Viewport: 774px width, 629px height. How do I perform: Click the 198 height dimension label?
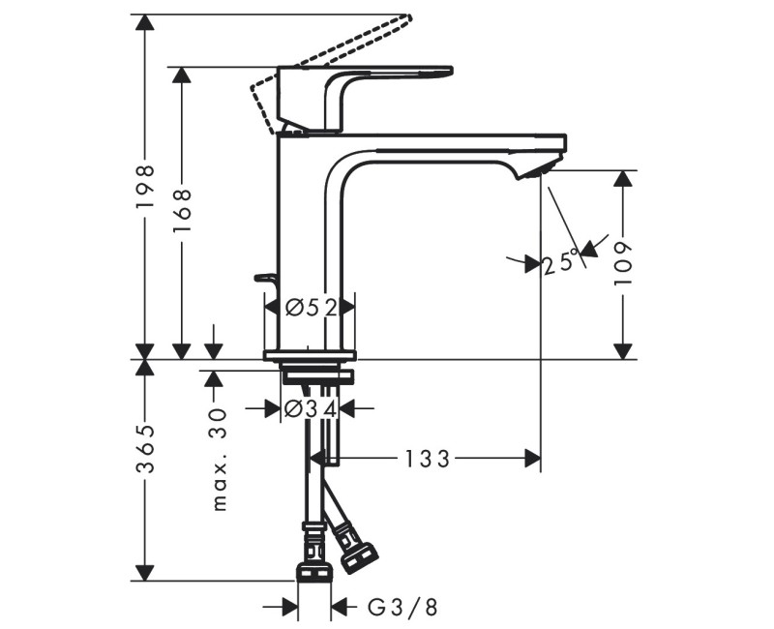click(x=144, y=186)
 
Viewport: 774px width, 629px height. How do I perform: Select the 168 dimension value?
click(x=182, y=207)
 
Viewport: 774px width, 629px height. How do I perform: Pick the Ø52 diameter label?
click(x=311, y=308)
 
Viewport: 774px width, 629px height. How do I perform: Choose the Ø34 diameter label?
click(x=311, y=408)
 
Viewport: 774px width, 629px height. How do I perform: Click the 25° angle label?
click(x=561, y=261)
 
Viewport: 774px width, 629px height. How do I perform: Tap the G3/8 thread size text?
click(x=402, y=608)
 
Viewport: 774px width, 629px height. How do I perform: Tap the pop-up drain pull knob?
click(x=265, y=279)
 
